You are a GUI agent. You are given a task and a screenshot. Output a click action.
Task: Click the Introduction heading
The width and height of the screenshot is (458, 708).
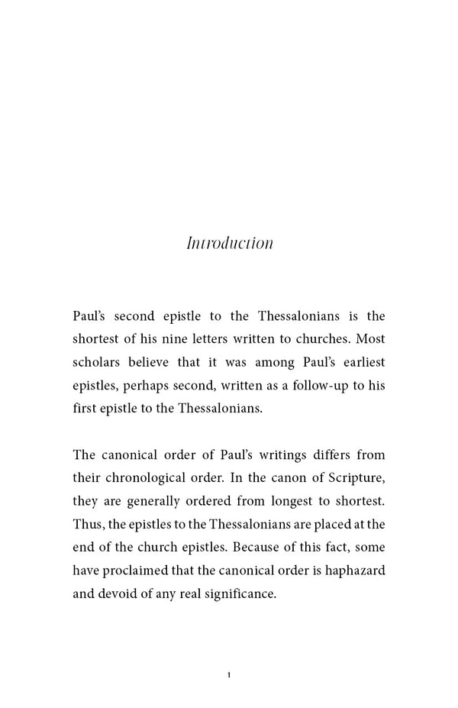[230, 244]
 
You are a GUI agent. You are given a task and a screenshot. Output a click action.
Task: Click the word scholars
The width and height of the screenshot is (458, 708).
[97, 361]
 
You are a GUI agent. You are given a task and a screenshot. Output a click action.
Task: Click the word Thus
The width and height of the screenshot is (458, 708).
[86, 524]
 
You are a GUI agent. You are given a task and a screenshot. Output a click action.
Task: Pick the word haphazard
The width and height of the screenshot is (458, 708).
[356, 570]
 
